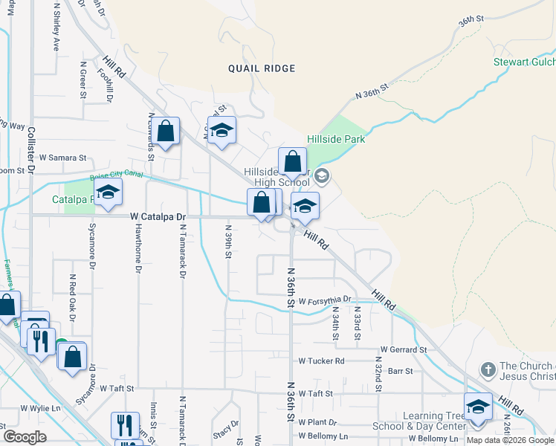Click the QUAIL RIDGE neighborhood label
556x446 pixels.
pyautogui.click(x=262, y=68)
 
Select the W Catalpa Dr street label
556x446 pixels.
pyautogui.click(x=158, y=216)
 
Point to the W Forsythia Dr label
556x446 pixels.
pyautogui.click(x=325, y=299)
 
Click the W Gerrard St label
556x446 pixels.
pyautogui.click(x=403, y=349)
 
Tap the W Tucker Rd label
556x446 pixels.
pyautogui.click(x=321, y=361)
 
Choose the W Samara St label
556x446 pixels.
pyautogui.click(x=63, y=158)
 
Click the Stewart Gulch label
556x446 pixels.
pyautogui.click(x=525, y=62)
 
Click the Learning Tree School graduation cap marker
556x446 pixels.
pyautogui.click(x=478, y=407)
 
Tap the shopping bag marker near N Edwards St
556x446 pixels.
pyautogui.click(x=167, y=132)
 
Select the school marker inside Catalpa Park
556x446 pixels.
pyautogui.click(x=108, y=193)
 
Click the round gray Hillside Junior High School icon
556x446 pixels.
pyautogui.click(x=322, y=176)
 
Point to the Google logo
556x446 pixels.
pyautogui.click(x=24, y=437)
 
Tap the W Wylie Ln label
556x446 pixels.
pyautogui.click(x=40, y=409)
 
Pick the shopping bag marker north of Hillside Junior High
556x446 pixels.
pyautogui.click(x=293, y=161)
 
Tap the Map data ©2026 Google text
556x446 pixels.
pyautogui.click(x=511, y=440)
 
